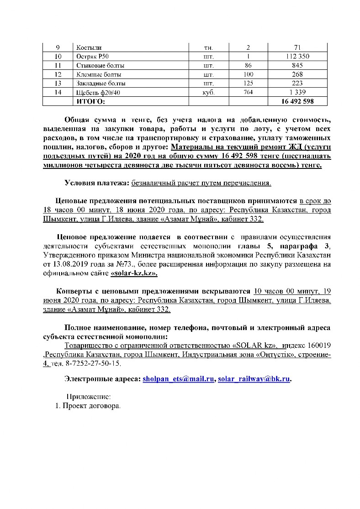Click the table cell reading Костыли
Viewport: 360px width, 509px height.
tap(89, 48)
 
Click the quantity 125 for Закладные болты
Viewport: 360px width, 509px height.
tap(248, 83)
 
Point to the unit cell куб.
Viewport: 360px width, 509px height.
tap(209, 92)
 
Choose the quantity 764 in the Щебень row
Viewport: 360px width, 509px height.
tap(248, 92)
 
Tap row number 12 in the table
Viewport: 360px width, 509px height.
tap(58, 74)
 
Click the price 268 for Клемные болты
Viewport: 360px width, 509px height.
tap(297, 74)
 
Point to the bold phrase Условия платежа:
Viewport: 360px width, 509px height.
tap(97, 183)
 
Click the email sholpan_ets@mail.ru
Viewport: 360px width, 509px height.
tap(178, 379)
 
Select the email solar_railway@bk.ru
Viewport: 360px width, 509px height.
tap(254, 379)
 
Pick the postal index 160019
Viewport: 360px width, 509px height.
tap(318, 346)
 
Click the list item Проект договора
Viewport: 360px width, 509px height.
tap(91, 405)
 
